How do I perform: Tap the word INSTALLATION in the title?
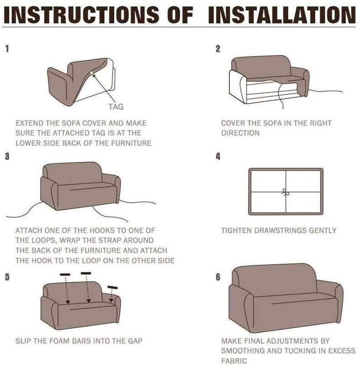point(282,15)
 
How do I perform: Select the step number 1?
point(7,49)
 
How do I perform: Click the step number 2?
point(218,49)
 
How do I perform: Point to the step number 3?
point(7,156)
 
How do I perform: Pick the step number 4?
point(218,156)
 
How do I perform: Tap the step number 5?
point(7,277)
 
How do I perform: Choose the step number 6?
point(218,277)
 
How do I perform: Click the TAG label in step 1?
point(116,107)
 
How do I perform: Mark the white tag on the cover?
point(92,73)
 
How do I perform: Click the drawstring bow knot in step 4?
point(286,192)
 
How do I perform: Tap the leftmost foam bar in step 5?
point(65,275)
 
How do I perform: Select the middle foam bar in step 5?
point(86,273)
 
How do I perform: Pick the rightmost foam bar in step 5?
point(112,287)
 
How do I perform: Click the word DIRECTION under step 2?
point(240,133)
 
